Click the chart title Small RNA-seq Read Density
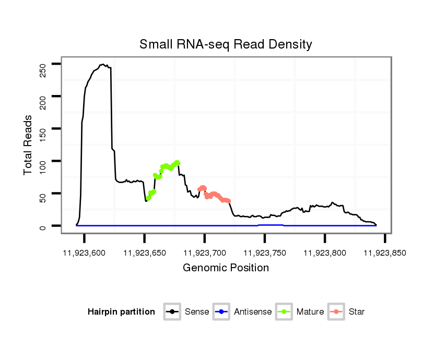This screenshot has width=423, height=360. pyautogui.click(x=226, y=44)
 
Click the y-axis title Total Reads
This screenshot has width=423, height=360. pyautogui.click(x=28, y=145)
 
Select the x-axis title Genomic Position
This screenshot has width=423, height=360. pyautogui.click(x=226, y=268)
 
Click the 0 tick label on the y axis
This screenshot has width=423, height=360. pyautogui.click(x=43, y=226)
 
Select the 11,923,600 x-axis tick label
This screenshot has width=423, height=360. pyautogui.click(x=84, y=253)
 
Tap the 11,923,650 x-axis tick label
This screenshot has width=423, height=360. pyautogui.click(x=144, y=253)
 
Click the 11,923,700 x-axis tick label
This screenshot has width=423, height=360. pyautogui.click(x=205, y=253)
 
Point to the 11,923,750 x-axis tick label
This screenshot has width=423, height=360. pyautogui.click(x=265, y=253)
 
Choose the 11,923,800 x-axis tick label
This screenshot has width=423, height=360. pyautogui.click(x=325, y=253)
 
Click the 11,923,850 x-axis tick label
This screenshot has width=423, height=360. pyautogui.click(x=385, y=253)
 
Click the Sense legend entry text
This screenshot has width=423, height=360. pyautogui.click(x=197, y=312)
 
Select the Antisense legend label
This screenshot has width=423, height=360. pyautogui.click(x=253, y=312)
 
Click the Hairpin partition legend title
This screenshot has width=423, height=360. pyautogui.click(x=121, y=312)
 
